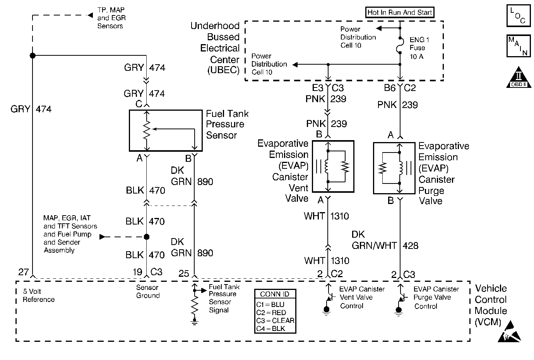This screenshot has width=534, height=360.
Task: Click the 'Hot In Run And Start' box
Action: pyautogui.click(x=400, y=12)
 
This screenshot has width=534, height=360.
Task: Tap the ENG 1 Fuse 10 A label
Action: pyautogui.click(x=419, y=48)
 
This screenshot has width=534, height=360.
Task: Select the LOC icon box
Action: pyautogui.click(x=518, y=16)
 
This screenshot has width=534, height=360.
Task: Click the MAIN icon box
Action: pyautogui.click(x=518, y=46)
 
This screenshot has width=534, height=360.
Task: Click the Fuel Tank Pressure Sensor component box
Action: pyautogui.click(x=166, y=130)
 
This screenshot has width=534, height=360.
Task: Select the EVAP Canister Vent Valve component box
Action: pyautogui.click(x=333, y=166)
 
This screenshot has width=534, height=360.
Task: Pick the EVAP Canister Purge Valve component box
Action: pyautogui.click(x=394, y=168)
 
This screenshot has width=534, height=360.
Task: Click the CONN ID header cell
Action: pyautogui.click(x=275, y=294)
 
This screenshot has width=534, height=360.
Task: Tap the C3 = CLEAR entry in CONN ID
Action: pyautogui.click(x=275, y=321)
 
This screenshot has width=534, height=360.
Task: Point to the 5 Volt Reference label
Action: pyautogui.click(x=38, y=295)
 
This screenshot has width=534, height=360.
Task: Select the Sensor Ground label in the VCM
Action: pyautogui.click(x=147, y=291)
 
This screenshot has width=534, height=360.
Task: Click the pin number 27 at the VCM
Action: pyautogui.click(x=23, y=272)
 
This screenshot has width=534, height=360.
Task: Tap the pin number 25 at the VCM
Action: pyautogui.click(x=184, y=274)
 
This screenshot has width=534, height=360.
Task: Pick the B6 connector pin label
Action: pyautogui.click(x=390, y=88)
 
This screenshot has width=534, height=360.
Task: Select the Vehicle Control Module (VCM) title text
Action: pyautogui.click(x=491, y=305)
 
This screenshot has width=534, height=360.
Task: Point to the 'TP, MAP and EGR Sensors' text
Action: pyautogui.click(x=111, y=18)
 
